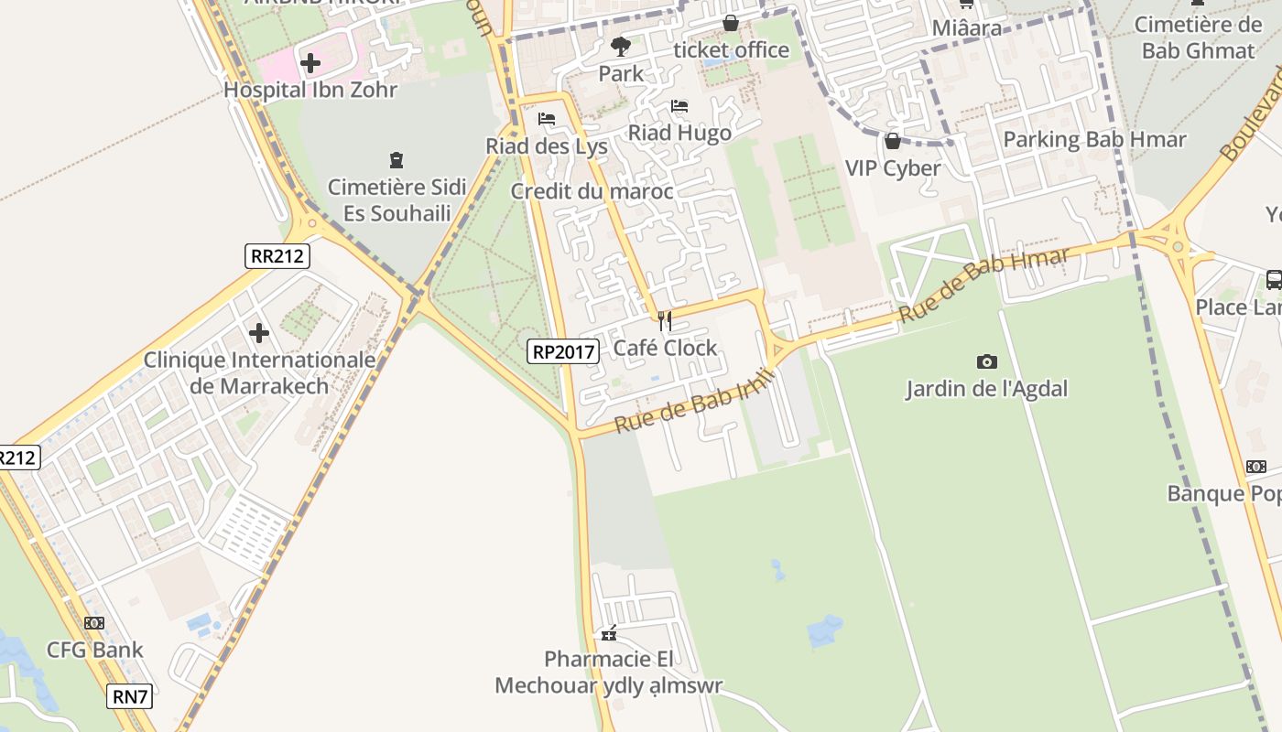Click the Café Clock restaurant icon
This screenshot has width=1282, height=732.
pos(665,321)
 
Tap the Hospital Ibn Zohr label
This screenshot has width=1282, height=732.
pos(310,90)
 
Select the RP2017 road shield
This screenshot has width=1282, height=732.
pos(562,350)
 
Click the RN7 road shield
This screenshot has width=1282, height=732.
pos(129,696)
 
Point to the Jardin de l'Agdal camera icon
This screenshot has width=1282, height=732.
pos(986,361)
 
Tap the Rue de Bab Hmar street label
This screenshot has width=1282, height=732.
pos(983,285)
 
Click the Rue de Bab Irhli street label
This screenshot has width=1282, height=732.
pos(695,401)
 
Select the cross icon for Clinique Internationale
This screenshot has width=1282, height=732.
pos(259,332)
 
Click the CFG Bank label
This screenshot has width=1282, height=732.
pos(95,651)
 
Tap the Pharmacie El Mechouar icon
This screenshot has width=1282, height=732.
pos(608,633)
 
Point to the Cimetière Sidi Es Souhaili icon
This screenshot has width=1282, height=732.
pos(396,161)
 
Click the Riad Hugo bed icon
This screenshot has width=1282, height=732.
pos(679,106)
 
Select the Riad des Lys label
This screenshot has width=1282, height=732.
pos(547,145)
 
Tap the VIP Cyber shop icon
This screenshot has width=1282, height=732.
pos(892,141)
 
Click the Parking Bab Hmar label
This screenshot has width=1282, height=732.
pos(1094,139)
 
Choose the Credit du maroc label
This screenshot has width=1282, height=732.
pos(592,191)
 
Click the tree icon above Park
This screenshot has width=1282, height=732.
pos(621,46)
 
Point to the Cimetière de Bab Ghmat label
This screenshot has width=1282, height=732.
pos(1198,38)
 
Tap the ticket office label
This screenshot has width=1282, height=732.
pos(731,49)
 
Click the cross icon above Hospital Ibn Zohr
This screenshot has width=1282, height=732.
pos(310,63)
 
